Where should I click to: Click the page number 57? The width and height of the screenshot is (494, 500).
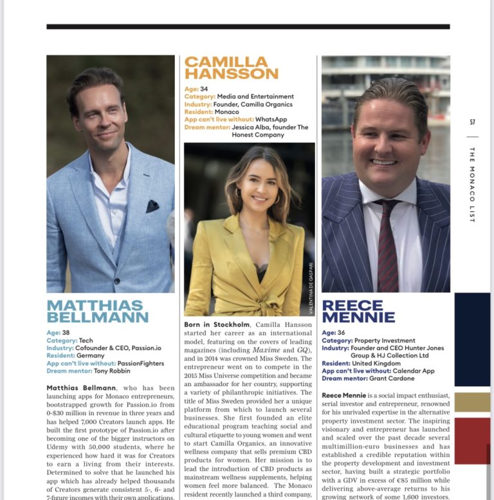(x=472, y=122)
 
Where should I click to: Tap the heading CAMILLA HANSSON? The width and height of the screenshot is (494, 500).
(x=231, y=68)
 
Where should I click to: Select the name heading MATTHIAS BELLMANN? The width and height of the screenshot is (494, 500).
(x=98, y=310)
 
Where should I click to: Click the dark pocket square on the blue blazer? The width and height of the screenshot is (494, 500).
(x=152, y=206)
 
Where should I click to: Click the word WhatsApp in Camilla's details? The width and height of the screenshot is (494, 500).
(x=271, y=119)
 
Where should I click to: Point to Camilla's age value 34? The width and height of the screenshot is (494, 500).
(x=204, y=89)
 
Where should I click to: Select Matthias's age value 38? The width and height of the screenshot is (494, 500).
(x=66, y=333)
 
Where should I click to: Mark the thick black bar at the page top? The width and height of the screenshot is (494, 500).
(x=248, y=26)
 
